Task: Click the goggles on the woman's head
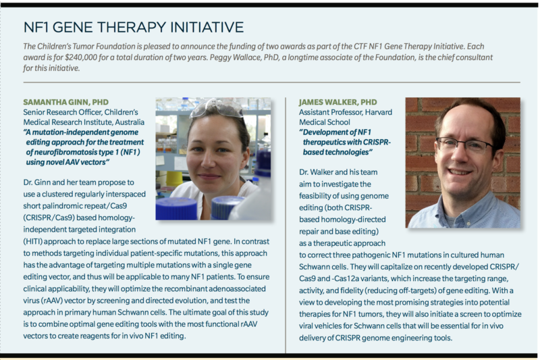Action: (217, 109)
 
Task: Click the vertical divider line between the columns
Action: (286, 223)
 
